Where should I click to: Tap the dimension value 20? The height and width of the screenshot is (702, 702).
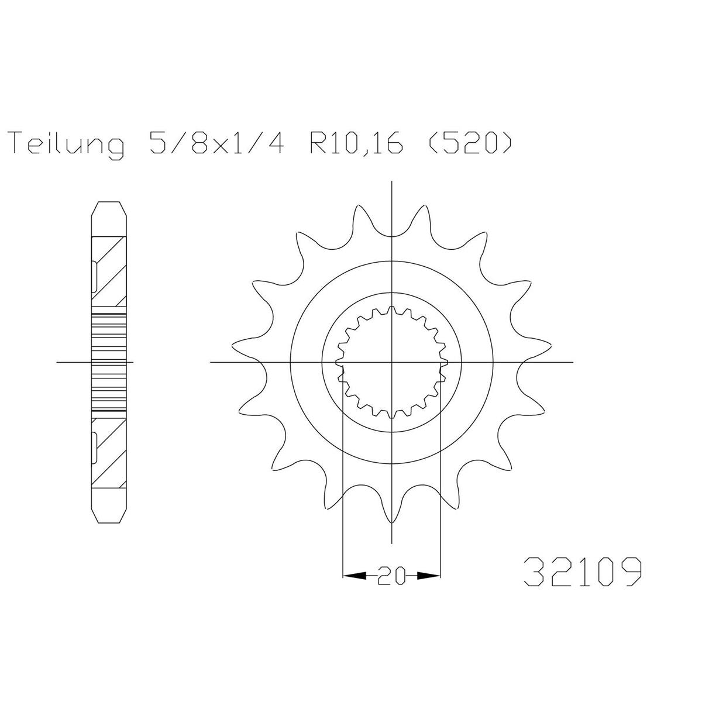point(391,586)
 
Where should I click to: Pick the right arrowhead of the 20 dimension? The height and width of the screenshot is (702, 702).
point(429,586)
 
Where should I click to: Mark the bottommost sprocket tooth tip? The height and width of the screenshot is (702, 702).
point(391,522)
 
